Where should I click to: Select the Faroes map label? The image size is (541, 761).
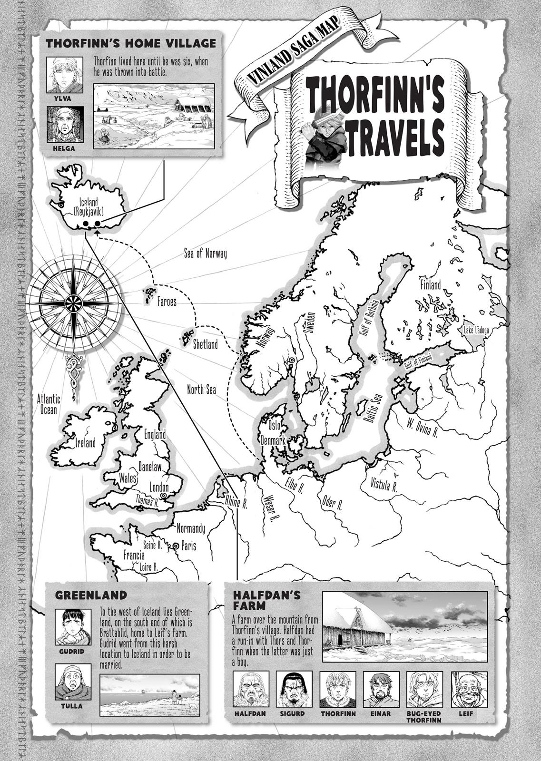(167, 302)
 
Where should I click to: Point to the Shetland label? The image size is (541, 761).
(205, 344)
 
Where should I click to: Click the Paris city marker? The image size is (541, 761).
(176, 546)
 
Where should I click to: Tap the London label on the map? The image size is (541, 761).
(159, 487)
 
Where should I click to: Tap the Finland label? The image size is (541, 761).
(430, 284)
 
